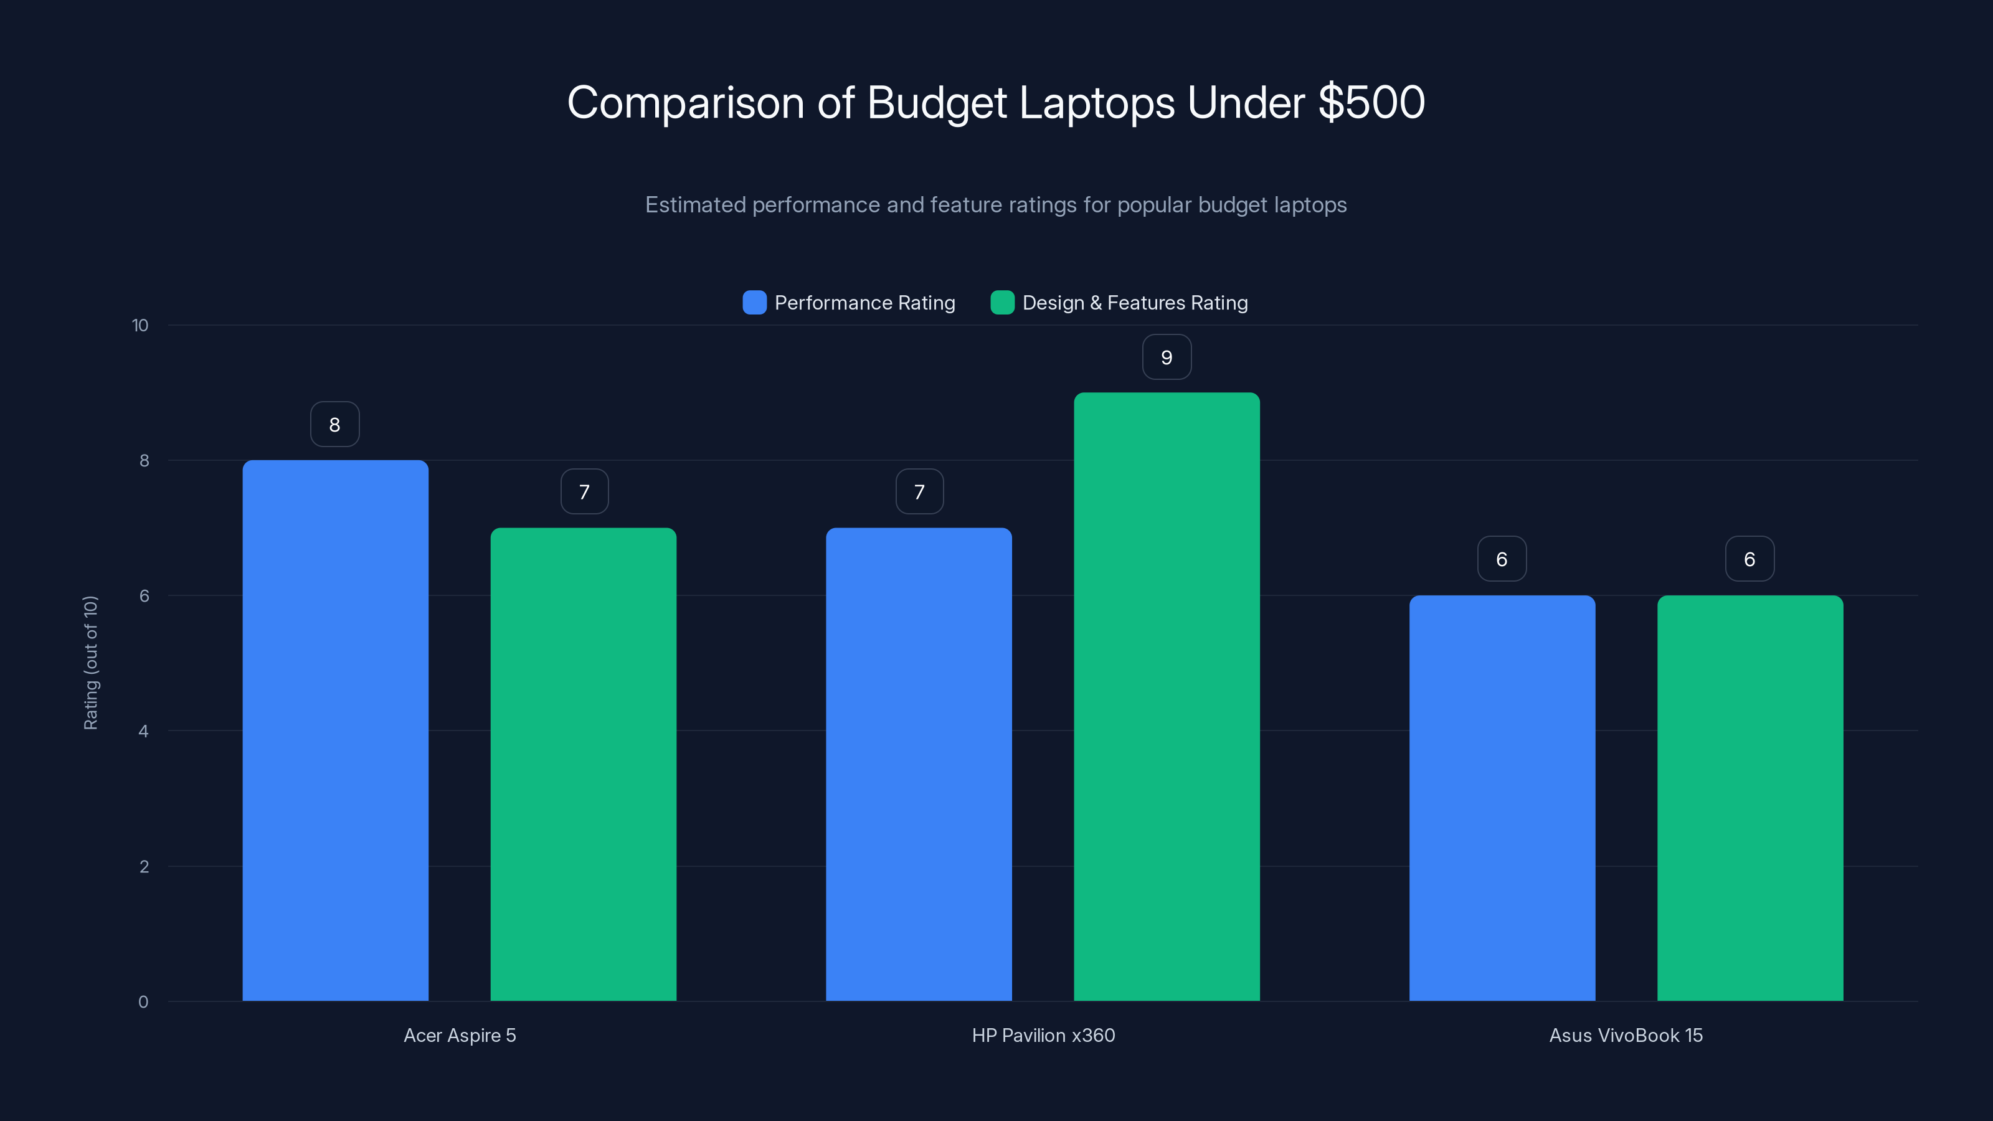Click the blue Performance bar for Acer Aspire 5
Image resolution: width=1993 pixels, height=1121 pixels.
[335, 731]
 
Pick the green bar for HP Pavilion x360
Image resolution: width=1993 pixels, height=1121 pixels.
[1166, 696]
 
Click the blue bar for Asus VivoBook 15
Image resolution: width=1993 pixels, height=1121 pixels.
[1502, 798]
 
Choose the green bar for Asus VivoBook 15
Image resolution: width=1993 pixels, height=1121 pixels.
[1749, 798]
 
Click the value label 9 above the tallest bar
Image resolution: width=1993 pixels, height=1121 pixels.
[1166, 357]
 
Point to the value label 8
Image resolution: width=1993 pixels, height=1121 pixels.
[334, 425]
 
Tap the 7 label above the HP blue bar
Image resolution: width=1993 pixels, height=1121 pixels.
[919, 492]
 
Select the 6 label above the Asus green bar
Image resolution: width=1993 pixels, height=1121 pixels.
[1749, 559]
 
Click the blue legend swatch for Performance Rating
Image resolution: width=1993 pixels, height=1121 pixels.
[754, 303]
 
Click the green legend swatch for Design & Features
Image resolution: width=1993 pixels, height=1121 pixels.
[1002, 303]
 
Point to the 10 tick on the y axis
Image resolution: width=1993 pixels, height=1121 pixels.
[140, 326]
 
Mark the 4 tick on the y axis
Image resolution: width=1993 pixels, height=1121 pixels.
[143, 731]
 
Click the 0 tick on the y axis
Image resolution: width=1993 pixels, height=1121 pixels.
[143, 1002]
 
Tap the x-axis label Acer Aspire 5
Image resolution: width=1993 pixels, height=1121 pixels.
[460, 1035]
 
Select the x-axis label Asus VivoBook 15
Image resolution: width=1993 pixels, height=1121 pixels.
[1626, 1035]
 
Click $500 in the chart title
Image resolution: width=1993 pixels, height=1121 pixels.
[1371, 102]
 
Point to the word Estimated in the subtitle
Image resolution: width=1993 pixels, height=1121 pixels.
[695, 205]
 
